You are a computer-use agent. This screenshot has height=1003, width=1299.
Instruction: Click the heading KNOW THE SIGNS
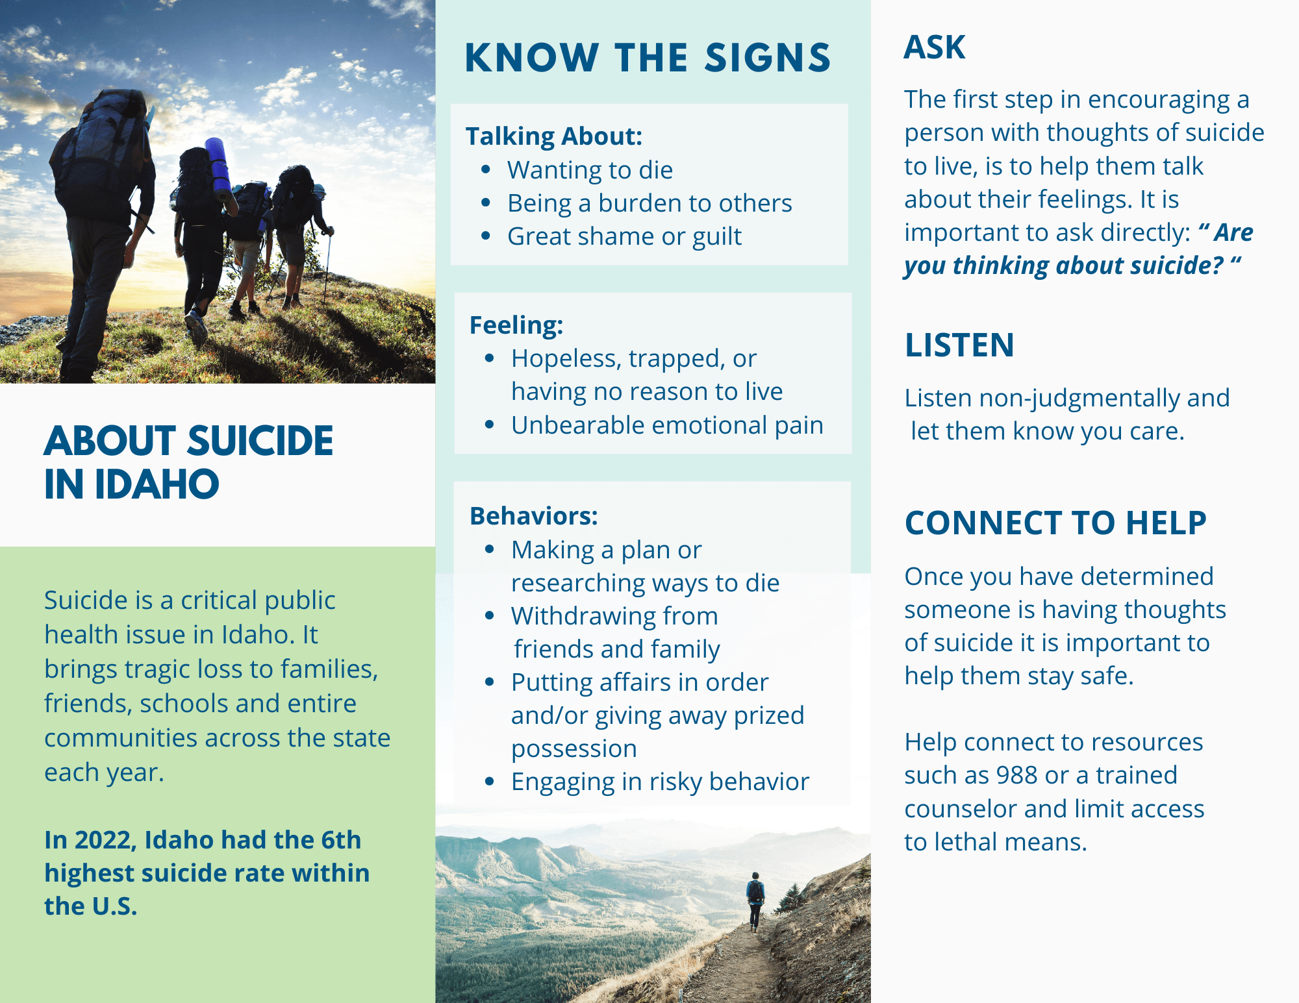[x=648, y=58]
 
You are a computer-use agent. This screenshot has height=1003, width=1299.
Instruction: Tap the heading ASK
[x=935, y=47]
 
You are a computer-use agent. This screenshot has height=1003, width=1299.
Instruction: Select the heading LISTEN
[x=959, y=345]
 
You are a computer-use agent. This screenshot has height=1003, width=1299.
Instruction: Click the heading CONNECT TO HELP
[x=1055, y=523]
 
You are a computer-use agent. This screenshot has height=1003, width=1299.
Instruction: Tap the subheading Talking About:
[x=554, y=136]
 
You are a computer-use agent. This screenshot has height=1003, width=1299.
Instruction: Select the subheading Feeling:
[x=516, y=325]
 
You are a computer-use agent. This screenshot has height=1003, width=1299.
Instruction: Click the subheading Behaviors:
[x=534, y=516]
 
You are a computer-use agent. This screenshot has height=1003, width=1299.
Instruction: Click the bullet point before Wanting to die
[x=486, y=170]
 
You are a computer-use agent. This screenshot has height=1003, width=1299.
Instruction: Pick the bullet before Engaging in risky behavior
[x=490, y=782]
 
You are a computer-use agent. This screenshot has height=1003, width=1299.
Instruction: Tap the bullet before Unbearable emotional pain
[x=490, y=425]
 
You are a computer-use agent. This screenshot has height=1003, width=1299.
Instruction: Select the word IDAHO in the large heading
[x=157, y=484]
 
